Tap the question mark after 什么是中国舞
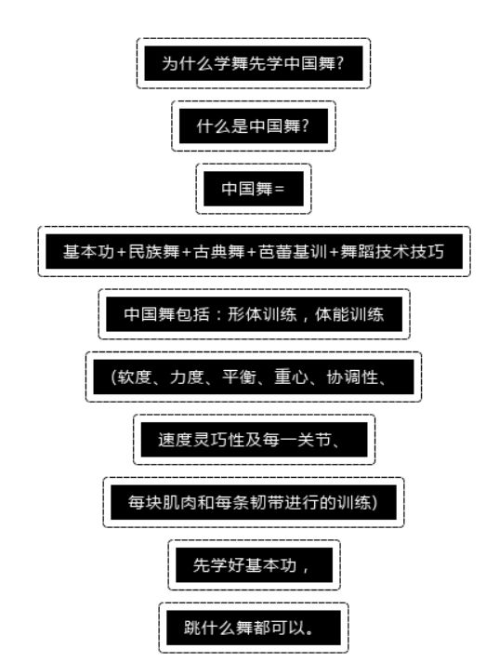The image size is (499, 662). click(306, 126)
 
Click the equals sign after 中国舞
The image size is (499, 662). click(280, 189)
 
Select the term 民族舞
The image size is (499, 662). click(154, 252)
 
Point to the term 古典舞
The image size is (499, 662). click(219, 252)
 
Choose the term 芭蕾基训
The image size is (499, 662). click(293, 252)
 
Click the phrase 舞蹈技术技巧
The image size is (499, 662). click(392, 252)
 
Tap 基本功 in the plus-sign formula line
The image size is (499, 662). click(89, 252)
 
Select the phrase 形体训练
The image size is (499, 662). click(262, 314)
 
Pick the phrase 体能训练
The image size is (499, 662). click(349, 314)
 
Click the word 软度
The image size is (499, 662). click(134, 377)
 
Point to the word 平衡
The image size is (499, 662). click(239, 377)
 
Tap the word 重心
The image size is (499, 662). click(292, 377)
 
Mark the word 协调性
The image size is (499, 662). click(352, 377)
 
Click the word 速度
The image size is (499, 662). click(176, 440)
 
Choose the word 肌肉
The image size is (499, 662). click(180, 502)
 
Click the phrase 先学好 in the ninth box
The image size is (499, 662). click(219, 565)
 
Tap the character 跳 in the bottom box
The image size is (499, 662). click(192, 628)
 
